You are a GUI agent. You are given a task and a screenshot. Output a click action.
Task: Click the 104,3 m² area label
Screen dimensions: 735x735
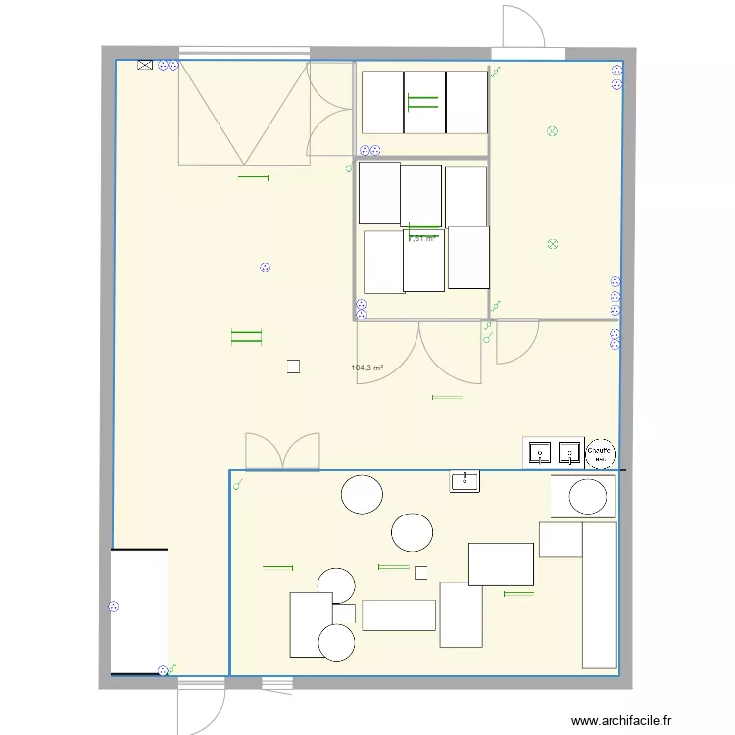(367, 368)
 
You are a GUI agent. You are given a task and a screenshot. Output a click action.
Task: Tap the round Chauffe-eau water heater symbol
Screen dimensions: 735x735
(599, 453)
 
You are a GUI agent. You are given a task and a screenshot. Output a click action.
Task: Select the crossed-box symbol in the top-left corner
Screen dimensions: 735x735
(145, 66)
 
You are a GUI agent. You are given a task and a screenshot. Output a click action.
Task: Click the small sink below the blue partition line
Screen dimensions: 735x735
(465, 480)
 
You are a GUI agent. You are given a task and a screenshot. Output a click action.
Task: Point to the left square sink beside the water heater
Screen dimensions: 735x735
(539, 452)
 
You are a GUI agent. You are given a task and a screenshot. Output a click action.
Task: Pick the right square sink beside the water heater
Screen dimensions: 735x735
(568, 452)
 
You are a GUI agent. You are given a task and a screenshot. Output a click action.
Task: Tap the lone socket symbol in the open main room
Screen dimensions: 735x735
(265, 268)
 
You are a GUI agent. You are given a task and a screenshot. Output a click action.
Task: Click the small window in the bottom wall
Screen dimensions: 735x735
(277, 682)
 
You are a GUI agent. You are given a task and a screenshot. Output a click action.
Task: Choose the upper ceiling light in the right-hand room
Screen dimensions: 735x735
(552, 131)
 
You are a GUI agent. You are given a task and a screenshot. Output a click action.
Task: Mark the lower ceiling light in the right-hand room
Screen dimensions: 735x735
(552, 245)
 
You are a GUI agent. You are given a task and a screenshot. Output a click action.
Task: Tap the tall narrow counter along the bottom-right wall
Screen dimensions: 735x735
(599, 595)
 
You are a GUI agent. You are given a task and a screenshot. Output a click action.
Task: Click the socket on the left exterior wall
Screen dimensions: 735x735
(113, 607)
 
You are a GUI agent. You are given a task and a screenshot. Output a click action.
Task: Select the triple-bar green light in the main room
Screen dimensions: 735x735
(246, 337)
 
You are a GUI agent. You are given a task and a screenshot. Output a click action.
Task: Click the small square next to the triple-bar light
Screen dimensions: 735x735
(294, 367)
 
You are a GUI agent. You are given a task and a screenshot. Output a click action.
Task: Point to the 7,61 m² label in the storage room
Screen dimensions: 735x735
(421, 238)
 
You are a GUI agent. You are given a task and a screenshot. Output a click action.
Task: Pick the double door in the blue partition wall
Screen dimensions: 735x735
(282, 452)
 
